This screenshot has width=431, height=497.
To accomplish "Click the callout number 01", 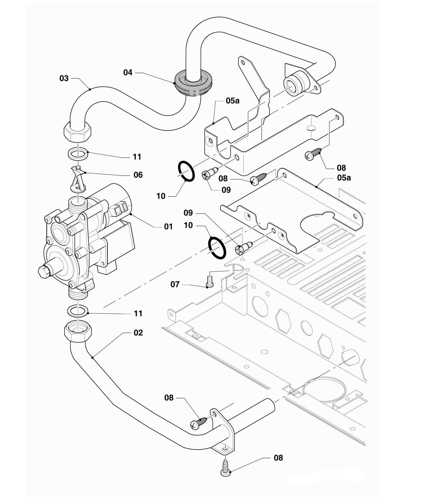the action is coord(168,226).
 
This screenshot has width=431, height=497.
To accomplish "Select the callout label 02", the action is coord(138,332).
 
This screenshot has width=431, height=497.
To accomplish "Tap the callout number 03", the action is coord(64,78).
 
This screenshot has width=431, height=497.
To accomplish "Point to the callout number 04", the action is coord(128,72).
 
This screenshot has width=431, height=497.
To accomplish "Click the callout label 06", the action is coord(138,175).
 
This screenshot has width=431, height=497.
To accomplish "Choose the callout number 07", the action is coord(175,284).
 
